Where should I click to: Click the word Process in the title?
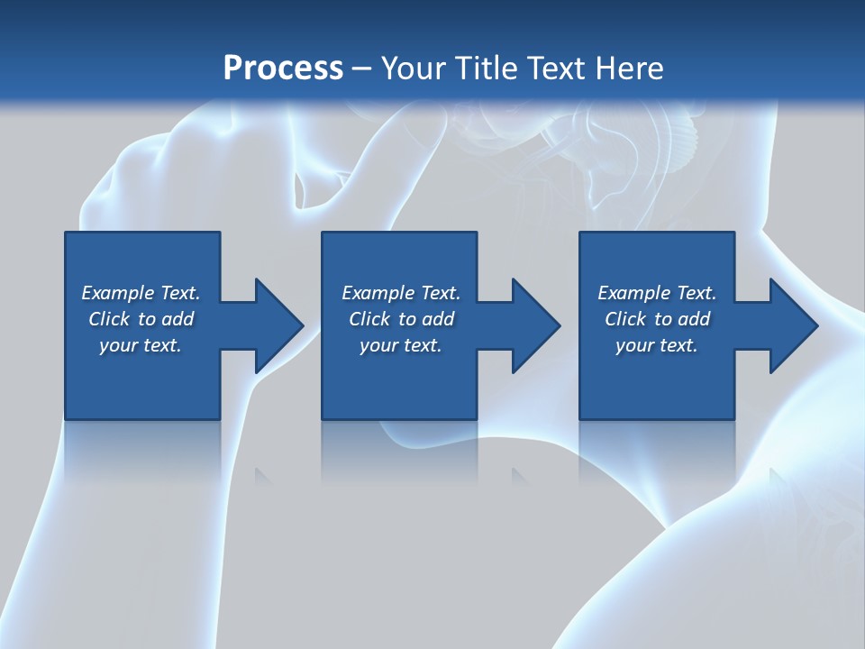(283, 69)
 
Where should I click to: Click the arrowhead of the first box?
(275, 325)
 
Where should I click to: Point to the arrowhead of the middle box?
(533, 325)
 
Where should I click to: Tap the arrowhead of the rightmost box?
(790, 325)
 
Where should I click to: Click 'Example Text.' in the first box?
(141, 293)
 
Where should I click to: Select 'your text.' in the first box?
(141, 345)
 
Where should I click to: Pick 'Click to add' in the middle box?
(401, 319)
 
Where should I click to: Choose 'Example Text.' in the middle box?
(401, 293)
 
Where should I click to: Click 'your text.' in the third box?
(657, 345)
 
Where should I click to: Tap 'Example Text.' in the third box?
(657, 293)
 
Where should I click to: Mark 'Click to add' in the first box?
(141, 319)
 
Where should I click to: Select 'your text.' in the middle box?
(401, 345)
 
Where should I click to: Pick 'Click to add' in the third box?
(657, 319)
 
